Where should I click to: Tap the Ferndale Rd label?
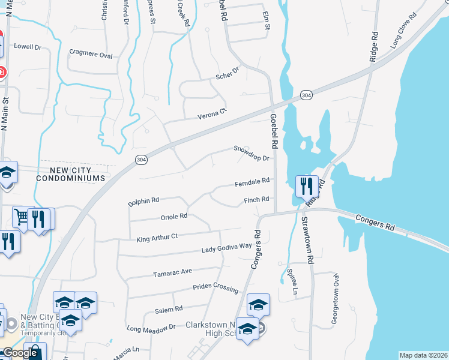pyautogui.click(x=252, y=181)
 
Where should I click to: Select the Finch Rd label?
pyautogui.click(x=258, y=200)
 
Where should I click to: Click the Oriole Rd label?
pyautogui.click(x=175, y=216)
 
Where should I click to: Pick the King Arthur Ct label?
pyautogui.click(x=157, y=237)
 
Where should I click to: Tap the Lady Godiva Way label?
pyautogui.click(x=226, y=247)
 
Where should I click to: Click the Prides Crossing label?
pyautogui.click(x=215, y=288)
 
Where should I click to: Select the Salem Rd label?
pyautogui.click(x=169, y=309)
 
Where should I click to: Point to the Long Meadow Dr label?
pyautogui.click(x=151, y=328)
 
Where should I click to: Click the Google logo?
pyautogui.click(x=19, y=353)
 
